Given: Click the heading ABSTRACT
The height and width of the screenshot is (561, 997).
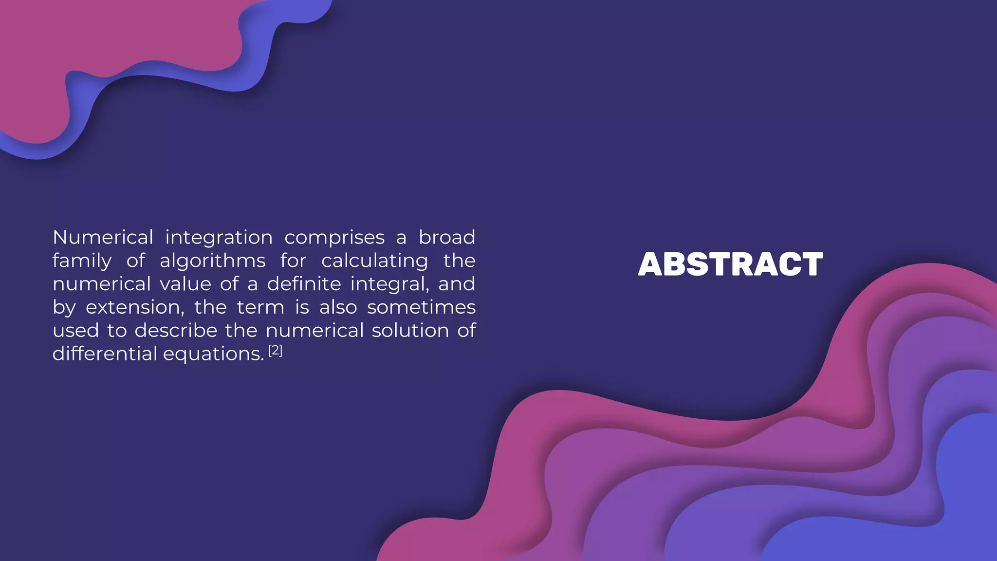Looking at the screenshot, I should [x=730, y=264].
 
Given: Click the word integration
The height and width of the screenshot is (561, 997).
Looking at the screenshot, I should [x=219, y=238].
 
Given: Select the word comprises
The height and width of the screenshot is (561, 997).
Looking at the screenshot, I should [x=334, y=238].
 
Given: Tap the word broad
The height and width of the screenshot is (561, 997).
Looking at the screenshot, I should [x=446, y=238].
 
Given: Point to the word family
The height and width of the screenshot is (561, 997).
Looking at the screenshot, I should [x=82, y=261].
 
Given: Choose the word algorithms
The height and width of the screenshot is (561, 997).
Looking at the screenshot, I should [x=212, y=261].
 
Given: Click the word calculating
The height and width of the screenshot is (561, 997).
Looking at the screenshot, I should [x=374, y=261].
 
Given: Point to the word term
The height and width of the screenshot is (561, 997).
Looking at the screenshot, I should [x=260, y=307].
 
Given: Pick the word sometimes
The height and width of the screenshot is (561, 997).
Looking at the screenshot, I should [x=421, y=307].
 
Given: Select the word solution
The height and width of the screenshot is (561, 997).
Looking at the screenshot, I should [x=410, y=331].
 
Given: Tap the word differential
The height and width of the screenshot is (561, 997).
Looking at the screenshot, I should [x=105, y=354].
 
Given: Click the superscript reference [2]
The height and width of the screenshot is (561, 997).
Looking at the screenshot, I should [x=276, y=350].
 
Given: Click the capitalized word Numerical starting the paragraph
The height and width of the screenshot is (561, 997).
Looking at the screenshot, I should [x=103, y=238].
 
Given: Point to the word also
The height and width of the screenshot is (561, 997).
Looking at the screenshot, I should [x=338, y=307].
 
